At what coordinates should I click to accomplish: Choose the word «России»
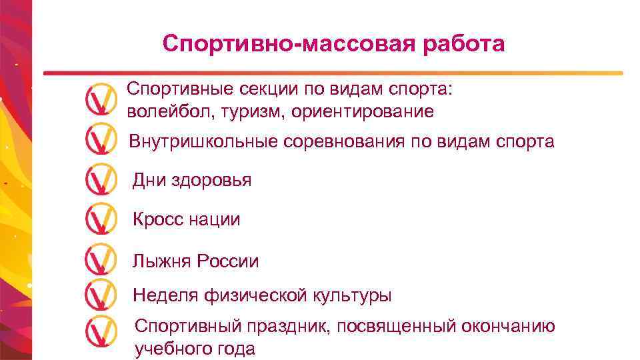227,261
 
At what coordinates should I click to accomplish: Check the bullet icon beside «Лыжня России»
101,259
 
